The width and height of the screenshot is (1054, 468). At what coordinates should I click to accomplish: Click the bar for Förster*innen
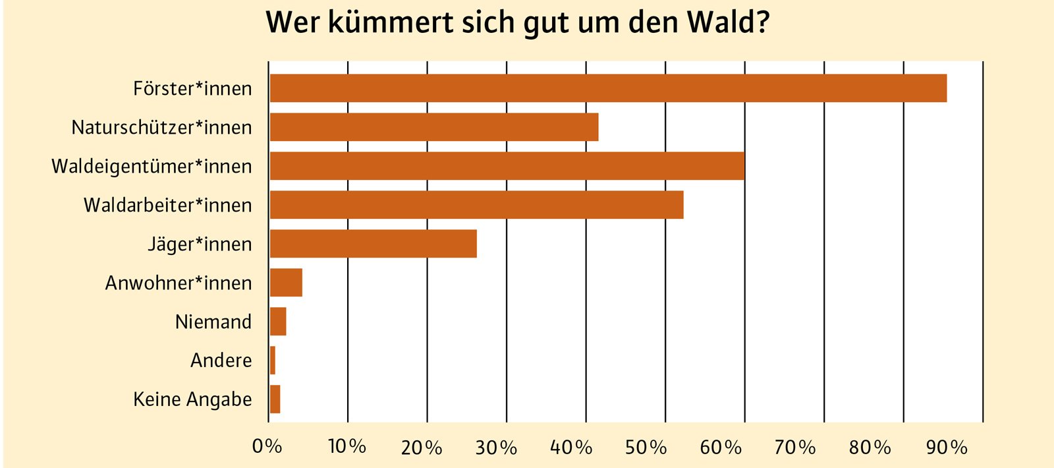(x=607, y=88)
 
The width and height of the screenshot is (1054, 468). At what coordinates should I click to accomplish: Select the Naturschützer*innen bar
(x=433, y=127)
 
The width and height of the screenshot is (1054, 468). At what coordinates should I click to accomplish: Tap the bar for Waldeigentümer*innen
(x=507, y=165)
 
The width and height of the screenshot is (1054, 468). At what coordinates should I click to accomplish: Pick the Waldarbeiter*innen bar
(x=476, y=205)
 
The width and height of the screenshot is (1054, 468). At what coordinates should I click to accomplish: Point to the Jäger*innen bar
(x=373, y=244)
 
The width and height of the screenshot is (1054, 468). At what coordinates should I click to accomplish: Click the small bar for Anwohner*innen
(x=286, y=283)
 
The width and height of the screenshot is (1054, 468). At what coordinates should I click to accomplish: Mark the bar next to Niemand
(x=278, y=322)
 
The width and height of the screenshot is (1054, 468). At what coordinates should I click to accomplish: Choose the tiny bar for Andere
(x=273, y=361)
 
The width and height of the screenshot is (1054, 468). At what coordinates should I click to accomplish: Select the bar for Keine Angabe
(x=275, y=399)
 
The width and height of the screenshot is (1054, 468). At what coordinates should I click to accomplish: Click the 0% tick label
(x=267, y=447)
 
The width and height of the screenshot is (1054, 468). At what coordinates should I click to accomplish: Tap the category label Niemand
(x=213, y=322)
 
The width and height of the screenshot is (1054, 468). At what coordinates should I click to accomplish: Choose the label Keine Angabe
(x=192, y=399)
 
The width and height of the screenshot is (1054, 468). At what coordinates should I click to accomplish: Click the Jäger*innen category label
(x=200, y=245)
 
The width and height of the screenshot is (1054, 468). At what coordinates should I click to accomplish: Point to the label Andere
(x=221, y=361)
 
